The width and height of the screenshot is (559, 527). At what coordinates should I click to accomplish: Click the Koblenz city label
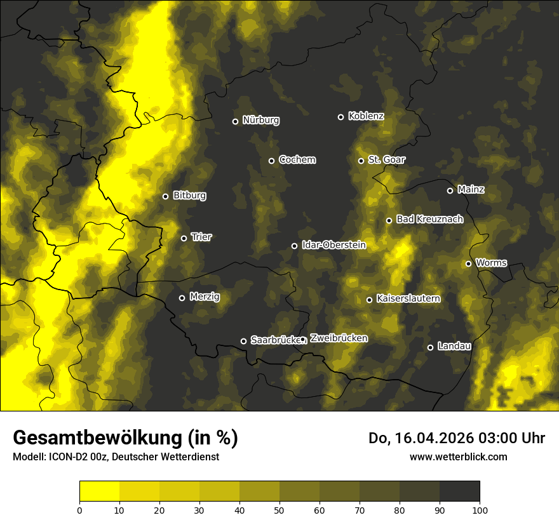366,116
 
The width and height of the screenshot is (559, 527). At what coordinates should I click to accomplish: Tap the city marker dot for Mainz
450,190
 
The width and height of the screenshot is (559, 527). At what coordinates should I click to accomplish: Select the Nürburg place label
260,120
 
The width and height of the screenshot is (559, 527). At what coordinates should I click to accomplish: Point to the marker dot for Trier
184,238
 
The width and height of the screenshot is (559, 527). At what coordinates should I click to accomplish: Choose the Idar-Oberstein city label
333,244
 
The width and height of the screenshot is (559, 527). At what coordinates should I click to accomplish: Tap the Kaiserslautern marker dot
369,300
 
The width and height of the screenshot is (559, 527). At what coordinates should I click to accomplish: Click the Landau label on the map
454,346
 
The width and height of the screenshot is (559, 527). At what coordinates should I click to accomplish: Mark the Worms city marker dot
468,263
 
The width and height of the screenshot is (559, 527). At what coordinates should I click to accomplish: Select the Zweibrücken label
339,338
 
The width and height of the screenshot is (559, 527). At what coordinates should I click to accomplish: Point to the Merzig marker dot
182,298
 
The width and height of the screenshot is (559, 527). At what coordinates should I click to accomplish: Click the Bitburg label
189,196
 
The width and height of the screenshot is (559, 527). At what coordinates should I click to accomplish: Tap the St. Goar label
386,159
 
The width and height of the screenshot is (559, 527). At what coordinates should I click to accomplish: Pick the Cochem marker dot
271,161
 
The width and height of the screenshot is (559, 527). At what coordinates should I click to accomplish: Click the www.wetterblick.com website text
458,457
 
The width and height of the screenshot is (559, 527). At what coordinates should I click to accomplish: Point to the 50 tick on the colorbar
279,509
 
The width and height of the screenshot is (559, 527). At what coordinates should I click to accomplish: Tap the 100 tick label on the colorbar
480,509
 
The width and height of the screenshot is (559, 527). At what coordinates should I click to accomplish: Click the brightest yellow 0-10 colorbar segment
99,491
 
